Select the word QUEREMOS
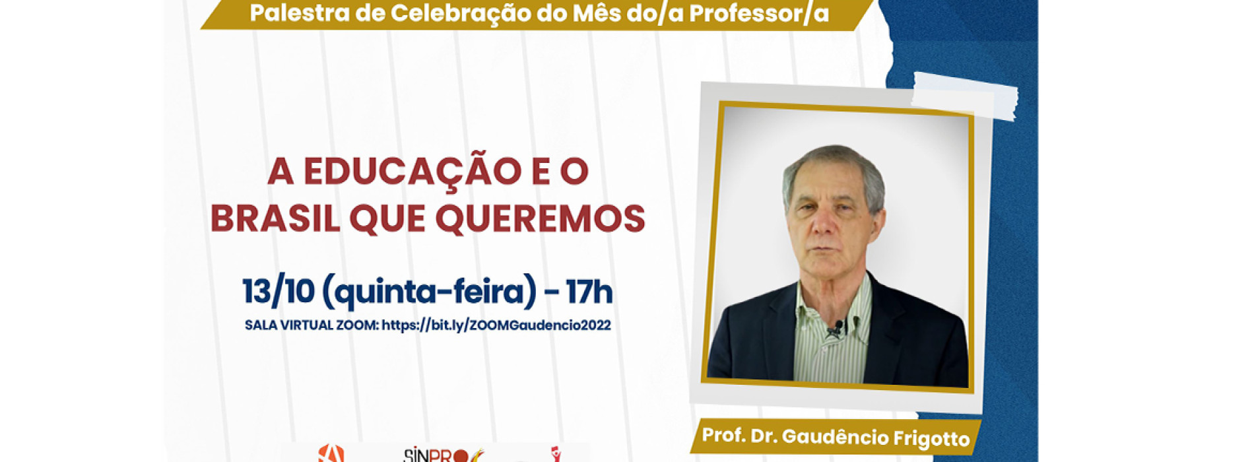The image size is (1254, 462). [540, 218]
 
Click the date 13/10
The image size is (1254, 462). [278, 292]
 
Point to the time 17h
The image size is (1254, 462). [589, 292]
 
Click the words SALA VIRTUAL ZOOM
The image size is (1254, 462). [311, 325]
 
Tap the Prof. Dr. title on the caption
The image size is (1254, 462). [740, 436]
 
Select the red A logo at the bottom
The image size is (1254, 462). [331, 453]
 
